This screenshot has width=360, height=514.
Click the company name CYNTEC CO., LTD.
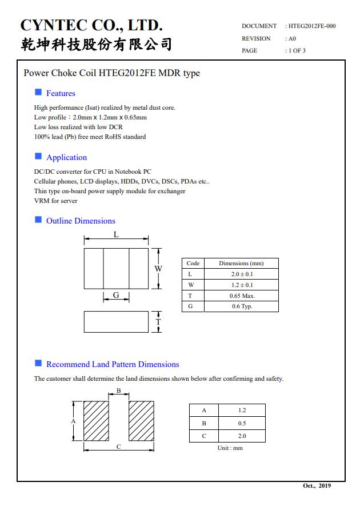[91, 25]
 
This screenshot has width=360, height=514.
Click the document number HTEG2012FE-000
[312, 26]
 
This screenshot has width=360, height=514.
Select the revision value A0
[292, 39]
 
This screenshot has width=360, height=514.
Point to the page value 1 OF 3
[297, 51]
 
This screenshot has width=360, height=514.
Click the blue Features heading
[61, 93]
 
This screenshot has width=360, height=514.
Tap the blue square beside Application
[38, 156]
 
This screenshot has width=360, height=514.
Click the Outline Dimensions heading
[81, 221]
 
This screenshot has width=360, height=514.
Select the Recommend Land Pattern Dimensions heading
[113, 364]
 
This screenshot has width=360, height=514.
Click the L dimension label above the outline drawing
[116, 235]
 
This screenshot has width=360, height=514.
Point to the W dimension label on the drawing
[158, 269]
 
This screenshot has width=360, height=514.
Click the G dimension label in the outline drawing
[116, 296]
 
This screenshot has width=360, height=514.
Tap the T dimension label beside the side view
[158, 322]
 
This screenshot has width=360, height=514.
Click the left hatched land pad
[96, 421]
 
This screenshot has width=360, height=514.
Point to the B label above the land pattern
[118, 391]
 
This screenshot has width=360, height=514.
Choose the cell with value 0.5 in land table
[242, 423]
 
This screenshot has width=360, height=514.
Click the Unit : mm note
[230, 448]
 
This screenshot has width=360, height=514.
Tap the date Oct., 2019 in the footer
[317, 486]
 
